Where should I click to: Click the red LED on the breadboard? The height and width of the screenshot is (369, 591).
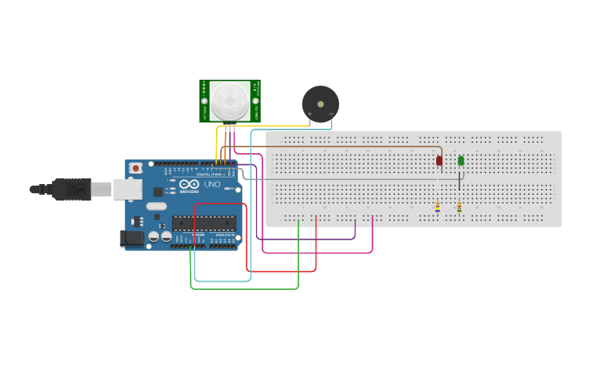(439, 160)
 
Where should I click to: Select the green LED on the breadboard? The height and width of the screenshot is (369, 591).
(461, 160)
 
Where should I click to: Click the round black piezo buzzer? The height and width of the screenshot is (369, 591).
(320, 103)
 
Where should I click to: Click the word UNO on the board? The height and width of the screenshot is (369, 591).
(212, 185)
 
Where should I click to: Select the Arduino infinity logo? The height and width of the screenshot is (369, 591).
(190, 185)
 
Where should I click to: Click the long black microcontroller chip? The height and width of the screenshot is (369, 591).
(204, 223)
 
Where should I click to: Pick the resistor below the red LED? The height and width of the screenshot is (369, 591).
(438, 208)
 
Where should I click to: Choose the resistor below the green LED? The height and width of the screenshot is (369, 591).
(460, 208)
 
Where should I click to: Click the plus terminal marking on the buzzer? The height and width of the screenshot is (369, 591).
(309, 113)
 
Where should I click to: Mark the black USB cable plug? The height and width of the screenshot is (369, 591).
(70, 189)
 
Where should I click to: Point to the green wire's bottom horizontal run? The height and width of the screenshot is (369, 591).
(245, 288)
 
